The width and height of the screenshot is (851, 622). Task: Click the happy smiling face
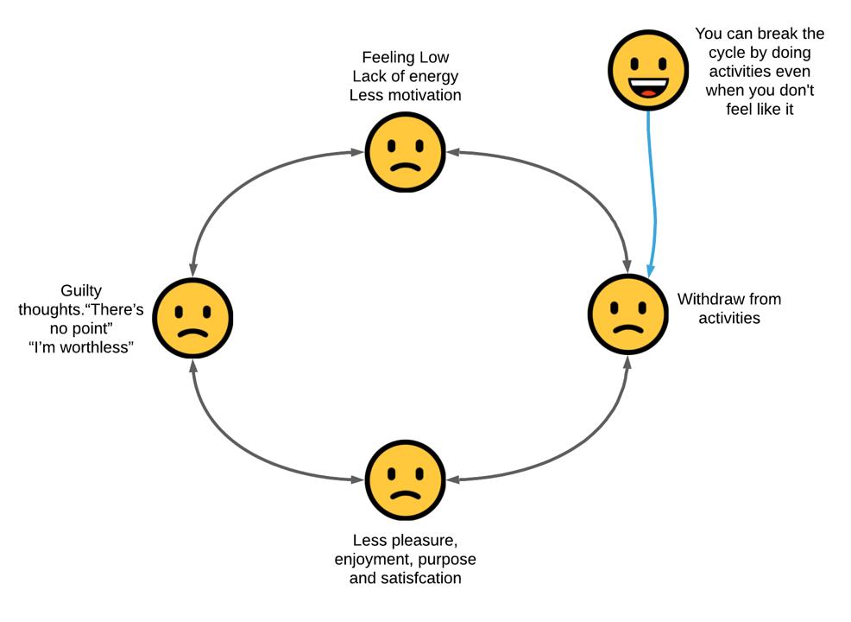[x=648, y=70]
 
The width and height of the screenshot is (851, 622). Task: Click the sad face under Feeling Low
[x=406, y=152]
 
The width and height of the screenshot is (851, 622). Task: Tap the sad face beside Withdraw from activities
[x=628, y=314]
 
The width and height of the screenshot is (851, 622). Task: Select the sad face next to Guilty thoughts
[x=192, y=318]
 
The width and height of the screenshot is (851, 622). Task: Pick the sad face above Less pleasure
[x=406, y=480]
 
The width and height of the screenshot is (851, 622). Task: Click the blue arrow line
[x=652, y=194]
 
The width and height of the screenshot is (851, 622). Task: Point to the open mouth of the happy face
[x=648, y=87]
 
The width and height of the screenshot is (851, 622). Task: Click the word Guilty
[x=81, y=290]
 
